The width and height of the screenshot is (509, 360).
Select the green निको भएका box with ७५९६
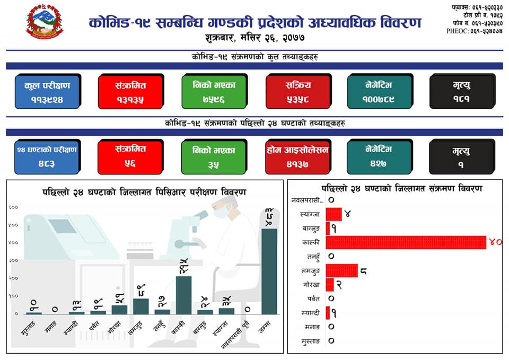(213, 92)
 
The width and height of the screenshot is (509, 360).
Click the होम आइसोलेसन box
(297, 157)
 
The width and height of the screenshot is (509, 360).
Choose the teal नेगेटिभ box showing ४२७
(379, 157)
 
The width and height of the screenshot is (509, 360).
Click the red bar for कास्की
(405, 242)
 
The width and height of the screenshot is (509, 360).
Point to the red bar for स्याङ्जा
(334, 214)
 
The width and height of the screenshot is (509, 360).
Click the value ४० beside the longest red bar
(495, 242)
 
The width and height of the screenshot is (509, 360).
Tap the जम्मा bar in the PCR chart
(269, 271)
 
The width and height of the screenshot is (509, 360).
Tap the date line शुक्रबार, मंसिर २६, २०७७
(254, 38)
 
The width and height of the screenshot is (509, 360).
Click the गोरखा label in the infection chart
(311, 285)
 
